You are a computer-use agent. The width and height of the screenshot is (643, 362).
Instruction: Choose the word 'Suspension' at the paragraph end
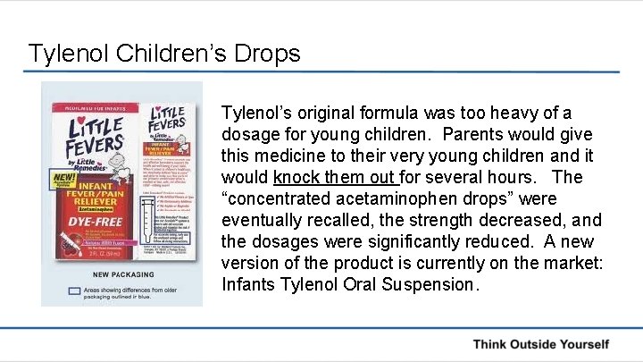pos(432,284)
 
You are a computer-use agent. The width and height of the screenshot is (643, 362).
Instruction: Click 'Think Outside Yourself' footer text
pos(540,344)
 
